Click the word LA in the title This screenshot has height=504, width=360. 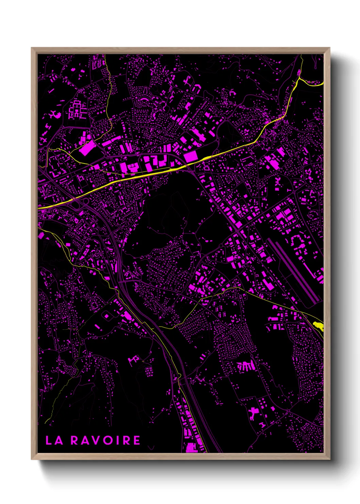[x=54, y=440]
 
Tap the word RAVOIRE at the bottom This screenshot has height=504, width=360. [x=105, y=440]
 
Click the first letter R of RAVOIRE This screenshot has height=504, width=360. [x=75, y=440]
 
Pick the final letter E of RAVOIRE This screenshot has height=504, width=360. [x=136, y=440]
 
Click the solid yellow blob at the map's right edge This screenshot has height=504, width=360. [x=318, y=326]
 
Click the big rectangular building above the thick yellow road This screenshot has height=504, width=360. [x=190, y=157]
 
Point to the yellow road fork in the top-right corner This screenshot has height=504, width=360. [x=299, y=79]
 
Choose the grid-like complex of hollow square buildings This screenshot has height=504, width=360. [x=77, y=109]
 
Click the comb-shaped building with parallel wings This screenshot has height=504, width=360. [x=246, y=366]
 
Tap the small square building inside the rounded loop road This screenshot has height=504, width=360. [x=107, y=316]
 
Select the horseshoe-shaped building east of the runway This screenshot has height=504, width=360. [x=300, y=242]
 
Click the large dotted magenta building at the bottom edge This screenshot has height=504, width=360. [x=192, y=447]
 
